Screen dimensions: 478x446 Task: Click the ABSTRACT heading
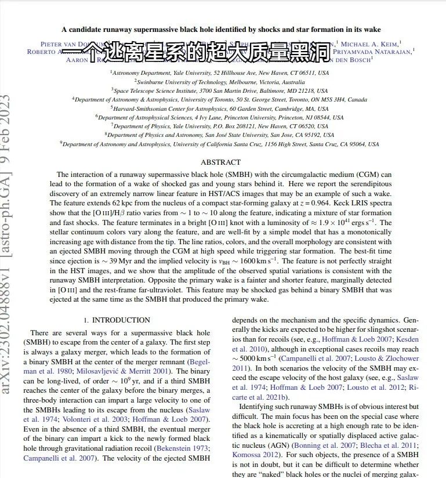pos(220,162)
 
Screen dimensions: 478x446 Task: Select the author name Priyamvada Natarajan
pos(374,51)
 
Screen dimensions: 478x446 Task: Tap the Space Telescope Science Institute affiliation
pos(219,91)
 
